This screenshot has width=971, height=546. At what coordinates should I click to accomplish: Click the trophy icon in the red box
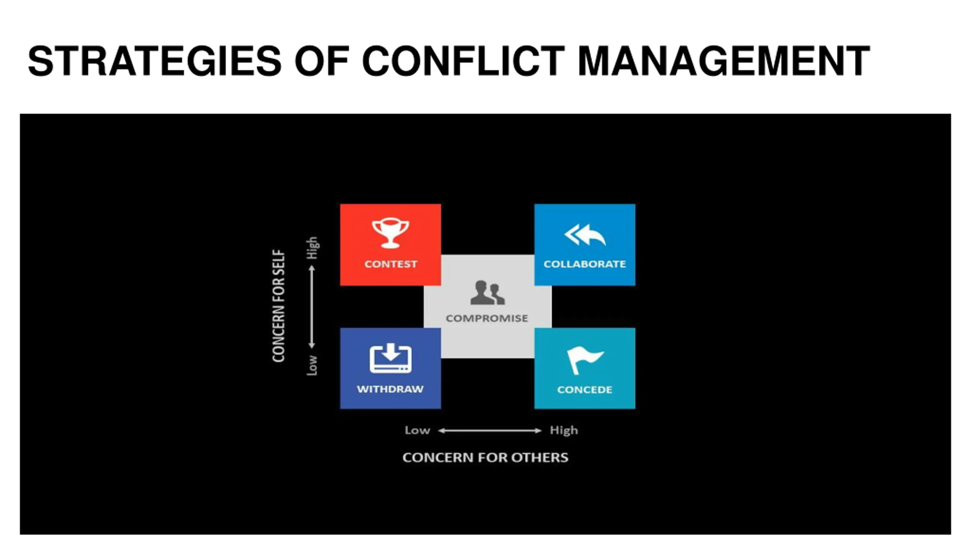click(390, 233)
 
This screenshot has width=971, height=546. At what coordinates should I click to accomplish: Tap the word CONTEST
click(391, 264)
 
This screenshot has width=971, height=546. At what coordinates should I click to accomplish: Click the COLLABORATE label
click(584, 264)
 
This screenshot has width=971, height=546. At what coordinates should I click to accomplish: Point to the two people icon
click(487, 292)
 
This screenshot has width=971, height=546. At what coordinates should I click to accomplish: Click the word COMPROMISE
click(487, 318)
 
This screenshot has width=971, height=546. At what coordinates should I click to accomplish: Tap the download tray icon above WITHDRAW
click(390, 358)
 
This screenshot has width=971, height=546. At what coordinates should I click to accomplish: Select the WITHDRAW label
click(390, 389)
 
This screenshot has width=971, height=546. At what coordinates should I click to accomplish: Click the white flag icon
click(584, 360)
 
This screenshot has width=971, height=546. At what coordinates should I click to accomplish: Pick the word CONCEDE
click(584, 390)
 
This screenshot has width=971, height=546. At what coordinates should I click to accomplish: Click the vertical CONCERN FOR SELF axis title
click(278, 306)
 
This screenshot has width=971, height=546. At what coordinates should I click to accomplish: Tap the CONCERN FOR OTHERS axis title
click(485, 458)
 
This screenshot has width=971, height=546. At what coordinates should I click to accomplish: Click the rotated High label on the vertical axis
click(312, 248)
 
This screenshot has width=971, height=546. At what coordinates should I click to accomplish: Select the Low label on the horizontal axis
click(417, 430)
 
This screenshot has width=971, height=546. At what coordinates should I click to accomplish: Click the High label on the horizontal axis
click(564, 431)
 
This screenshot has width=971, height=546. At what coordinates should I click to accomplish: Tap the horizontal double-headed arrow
click(490, 430)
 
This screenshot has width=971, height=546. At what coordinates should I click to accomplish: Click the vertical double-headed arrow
click(312, 307)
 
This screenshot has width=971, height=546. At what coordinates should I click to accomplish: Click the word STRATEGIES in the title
click(155, 61)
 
